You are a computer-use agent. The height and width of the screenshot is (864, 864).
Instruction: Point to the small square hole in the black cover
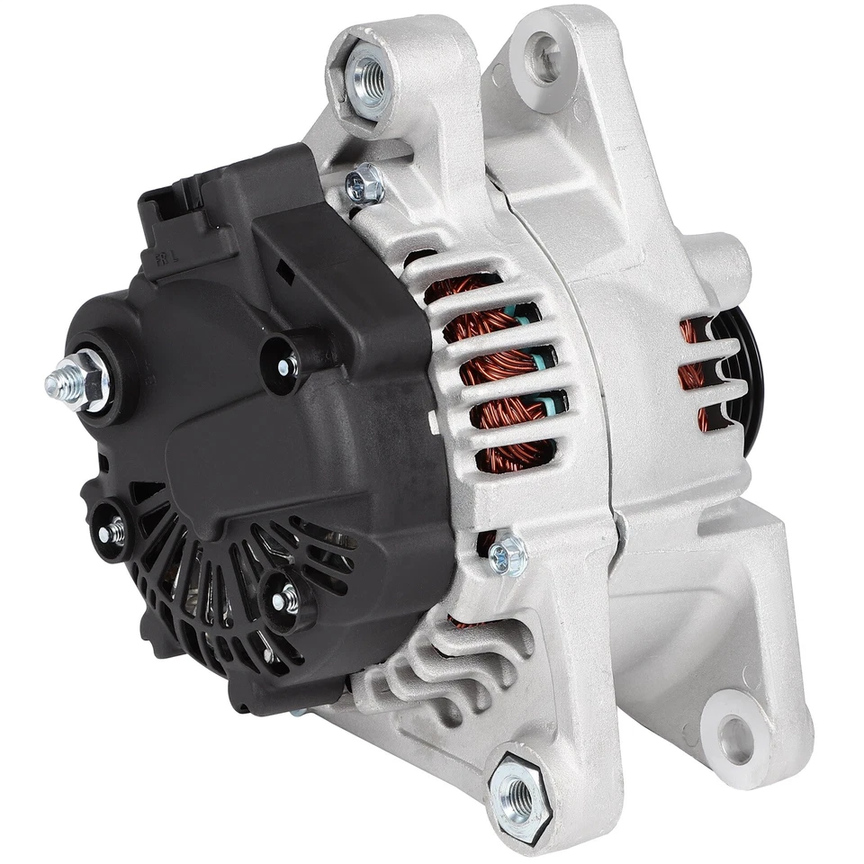284,268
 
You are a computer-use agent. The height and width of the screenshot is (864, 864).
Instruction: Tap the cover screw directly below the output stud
112,531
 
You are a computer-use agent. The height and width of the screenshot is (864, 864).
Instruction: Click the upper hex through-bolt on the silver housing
365,185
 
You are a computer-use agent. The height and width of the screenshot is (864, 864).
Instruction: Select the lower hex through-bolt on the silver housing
508,556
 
